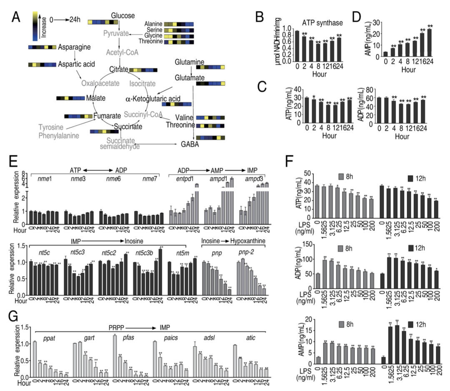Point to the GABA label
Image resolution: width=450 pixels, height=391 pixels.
point(190,144)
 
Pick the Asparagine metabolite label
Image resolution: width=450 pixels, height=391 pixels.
point(75,47)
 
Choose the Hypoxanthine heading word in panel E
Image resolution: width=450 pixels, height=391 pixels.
point(249,241)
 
